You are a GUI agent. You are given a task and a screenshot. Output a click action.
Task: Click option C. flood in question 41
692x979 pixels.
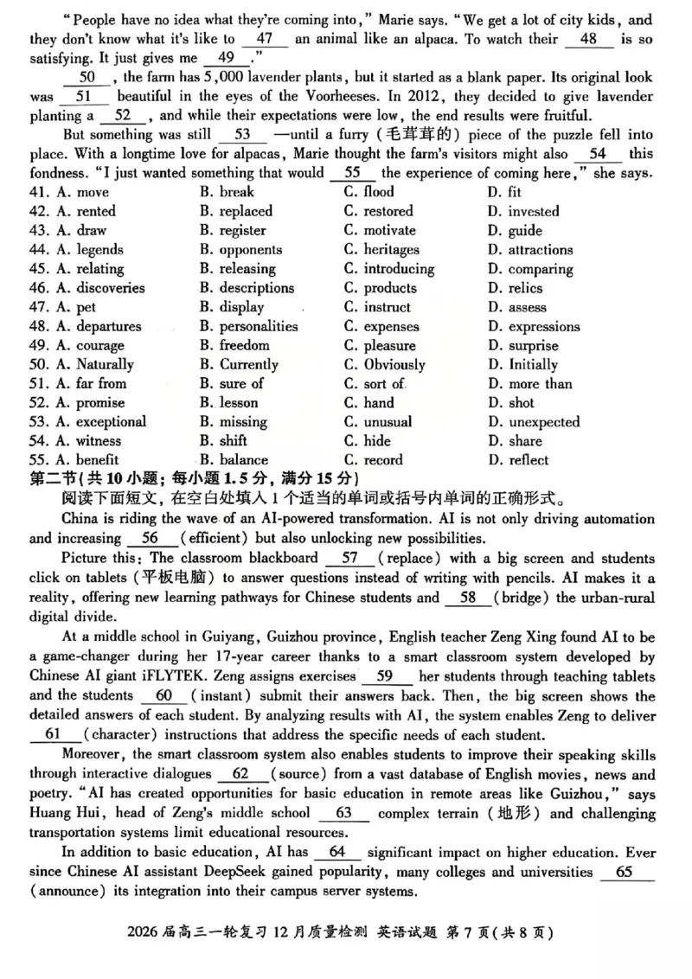(368, 192)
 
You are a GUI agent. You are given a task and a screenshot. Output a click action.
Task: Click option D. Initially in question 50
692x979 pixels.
(523, 364)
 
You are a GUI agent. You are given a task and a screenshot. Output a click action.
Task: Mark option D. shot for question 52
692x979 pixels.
(511, 402)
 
